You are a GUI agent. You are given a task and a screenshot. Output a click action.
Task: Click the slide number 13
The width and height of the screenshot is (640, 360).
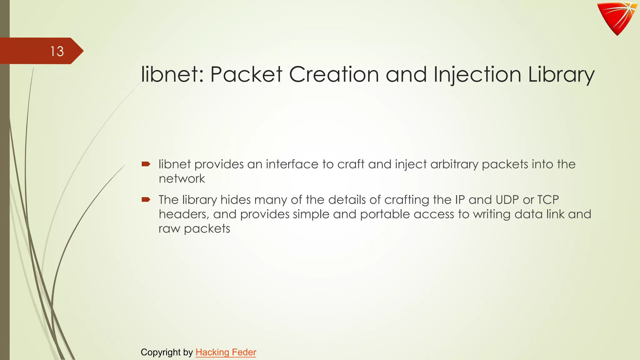(x=57, y=51)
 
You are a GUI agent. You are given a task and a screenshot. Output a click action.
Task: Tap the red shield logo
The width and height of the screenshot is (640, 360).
(x=617, y=17)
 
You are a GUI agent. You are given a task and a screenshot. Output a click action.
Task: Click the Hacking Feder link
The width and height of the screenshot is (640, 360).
(x=226, y=352)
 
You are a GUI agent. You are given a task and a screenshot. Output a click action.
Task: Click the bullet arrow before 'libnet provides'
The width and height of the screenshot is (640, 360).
(x=146, y=164)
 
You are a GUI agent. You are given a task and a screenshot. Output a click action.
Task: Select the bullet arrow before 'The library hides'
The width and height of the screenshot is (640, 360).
(x=146, y=199)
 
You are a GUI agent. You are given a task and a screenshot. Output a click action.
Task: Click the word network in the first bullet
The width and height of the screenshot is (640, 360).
(x=182, y=179)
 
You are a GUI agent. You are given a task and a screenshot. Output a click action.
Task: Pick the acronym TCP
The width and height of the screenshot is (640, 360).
(x=548, y=200)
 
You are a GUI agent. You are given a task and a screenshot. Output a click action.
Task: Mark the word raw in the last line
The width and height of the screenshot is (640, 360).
(x=169, y=229)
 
